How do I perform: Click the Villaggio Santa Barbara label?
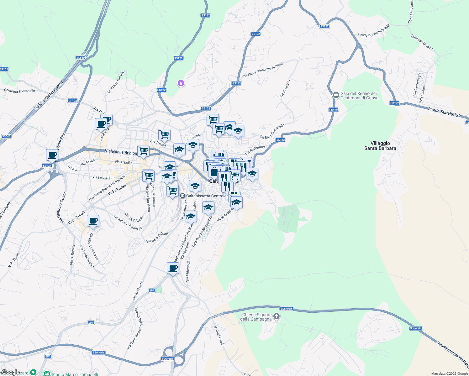(380, 146)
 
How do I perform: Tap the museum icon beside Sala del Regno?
(336, 95)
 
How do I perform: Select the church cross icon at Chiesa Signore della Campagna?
(276, 316)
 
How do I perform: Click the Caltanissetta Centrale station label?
(206, 196)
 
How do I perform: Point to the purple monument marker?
(181, 83)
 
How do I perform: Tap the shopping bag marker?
(214, 172)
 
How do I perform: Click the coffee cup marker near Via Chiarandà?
(173, 269)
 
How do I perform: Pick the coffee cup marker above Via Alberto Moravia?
(93, 221)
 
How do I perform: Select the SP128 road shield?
(72, 101)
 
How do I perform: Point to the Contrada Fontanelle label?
(19, 91)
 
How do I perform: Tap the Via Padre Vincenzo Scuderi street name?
(262, 70)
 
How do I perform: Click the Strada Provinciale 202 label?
(373, 31)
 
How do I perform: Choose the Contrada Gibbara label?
(422, 42)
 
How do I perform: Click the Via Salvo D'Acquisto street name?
(127, 222)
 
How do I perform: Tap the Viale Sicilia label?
(124, 162)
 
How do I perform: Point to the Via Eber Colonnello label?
(272, 132)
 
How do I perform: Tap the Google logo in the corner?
(10, 372)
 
